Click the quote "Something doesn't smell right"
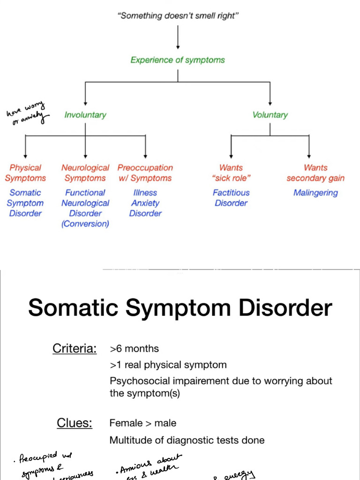[178, 16]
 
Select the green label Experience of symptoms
[178, 60]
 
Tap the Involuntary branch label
[85, 115]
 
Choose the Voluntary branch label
[270, 115]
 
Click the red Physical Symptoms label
[25, 173]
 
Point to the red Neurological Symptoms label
[85, 173]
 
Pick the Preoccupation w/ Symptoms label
[145, 173]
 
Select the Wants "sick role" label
[231, 173]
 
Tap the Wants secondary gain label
[315, 173]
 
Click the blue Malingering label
[315, 193]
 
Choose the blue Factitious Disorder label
[231, 198]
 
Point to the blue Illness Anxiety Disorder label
[145, 203]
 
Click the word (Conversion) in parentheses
[85, 224]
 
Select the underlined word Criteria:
[75, 349]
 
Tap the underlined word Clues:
[75, 423]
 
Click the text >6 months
[134, 349]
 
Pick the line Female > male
[143, 423]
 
